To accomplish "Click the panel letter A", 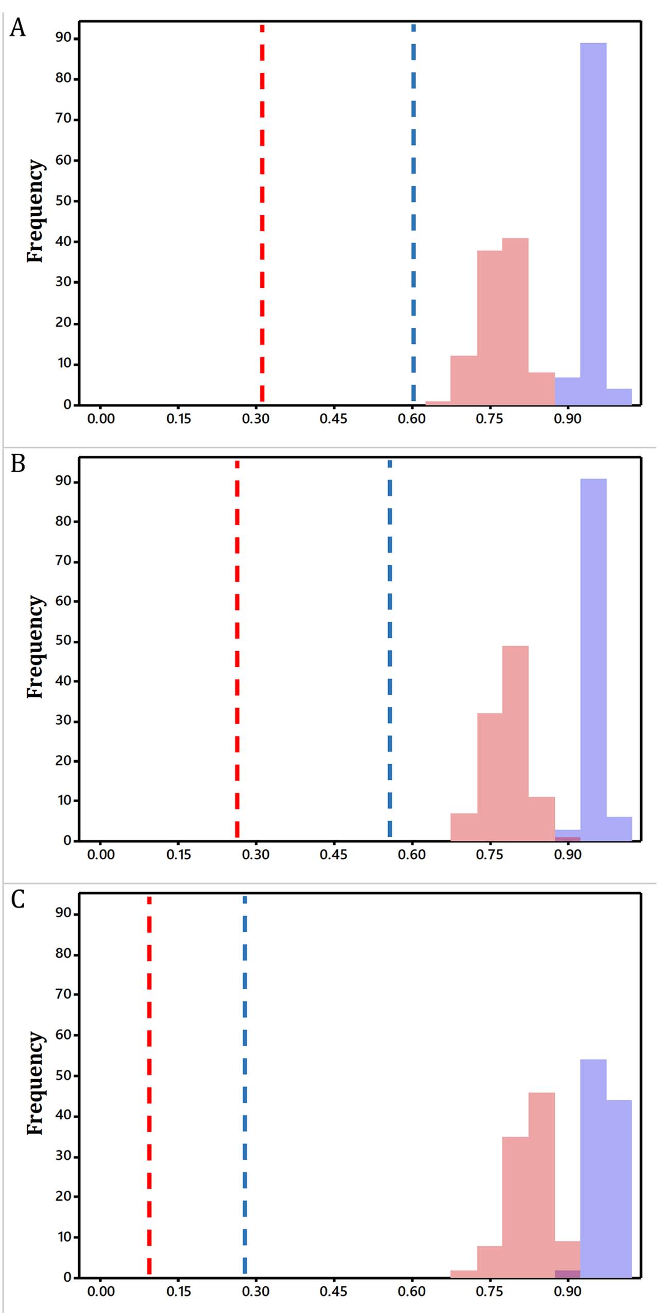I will point(17,28).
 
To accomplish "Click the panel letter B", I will point(17,464).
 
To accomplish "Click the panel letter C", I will point(17,899).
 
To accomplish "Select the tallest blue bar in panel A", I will point(593,224).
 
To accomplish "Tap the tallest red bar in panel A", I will point(515,321).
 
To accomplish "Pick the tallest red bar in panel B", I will point(515,743).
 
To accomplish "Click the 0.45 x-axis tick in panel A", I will point(333,419).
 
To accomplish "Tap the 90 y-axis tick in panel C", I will point(63,913).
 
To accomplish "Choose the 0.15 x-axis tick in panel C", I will point(178,1291).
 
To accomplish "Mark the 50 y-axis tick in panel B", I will point(63,641).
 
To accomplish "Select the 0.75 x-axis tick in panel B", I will point(489,855).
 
